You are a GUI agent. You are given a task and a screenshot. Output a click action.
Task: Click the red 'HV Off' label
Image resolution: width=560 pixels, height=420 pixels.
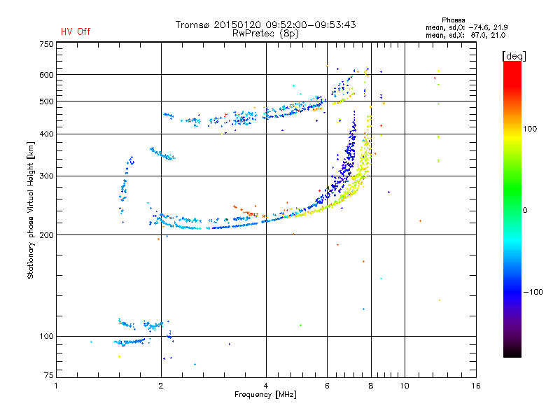point(76,31)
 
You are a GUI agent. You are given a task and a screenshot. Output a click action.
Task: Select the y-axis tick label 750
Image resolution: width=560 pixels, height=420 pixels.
point(46,44)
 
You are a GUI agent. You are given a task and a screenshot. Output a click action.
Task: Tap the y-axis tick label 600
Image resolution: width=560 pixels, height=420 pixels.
point(46,75)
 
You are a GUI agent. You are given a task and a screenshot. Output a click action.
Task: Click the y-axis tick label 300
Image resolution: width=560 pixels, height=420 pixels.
point(46,176)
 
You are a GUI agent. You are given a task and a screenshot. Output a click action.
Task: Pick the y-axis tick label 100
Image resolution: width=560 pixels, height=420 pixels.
point(46,337)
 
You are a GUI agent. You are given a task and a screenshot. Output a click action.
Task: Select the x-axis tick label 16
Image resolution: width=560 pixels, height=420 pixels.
point(475,386)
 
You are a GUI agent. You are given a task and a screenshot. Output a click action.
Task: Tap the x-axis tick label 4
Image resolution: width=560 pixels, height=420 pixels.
point(266,386)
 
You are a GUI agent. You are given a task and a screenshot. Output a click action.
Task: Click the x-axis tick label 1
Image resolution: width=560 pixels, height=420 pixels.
point(56,386)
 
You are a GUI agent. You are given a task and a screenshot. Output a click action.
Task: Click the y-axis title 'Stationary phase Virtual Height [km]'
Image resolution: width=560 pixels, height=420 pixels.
point(31,210)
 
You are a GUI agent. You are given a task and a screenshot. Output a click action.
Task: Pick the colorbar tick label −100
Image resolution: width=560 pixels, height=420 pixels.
point(534,292)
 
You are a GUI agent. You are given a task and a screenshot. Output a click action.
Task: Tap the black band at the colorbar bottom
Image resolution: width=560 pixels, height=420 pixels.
point(512,352)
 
